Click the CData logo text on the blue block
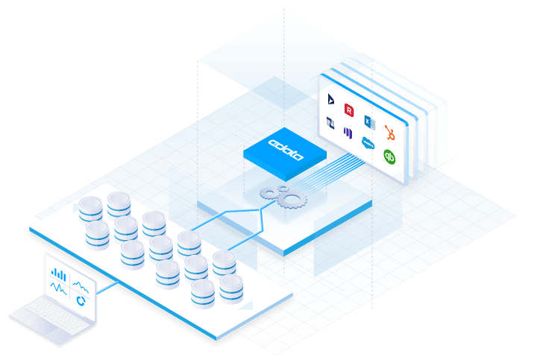(286, 149)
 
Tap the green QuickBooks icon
(389, 157)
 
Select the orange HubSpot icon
(390, 133)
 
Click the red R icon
(348, 110)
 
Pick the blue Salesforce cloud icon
(368, 142)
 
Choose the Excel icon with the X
(369, 121)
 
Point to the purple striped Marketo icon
(348, 133)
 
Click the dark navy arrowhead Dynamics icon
(330, 98)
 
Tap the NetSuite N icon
(330, 123)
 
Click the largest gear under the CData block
(292, 200)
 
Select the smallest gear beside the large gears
(283, 188)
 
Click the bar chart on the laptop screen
(58, 274)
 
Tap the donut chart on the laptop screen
(81, 301)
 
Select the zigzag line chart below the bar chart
(58, 288)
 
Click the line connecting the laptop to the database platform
(107, 288)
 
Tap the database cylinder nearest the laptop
(97, 235)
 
